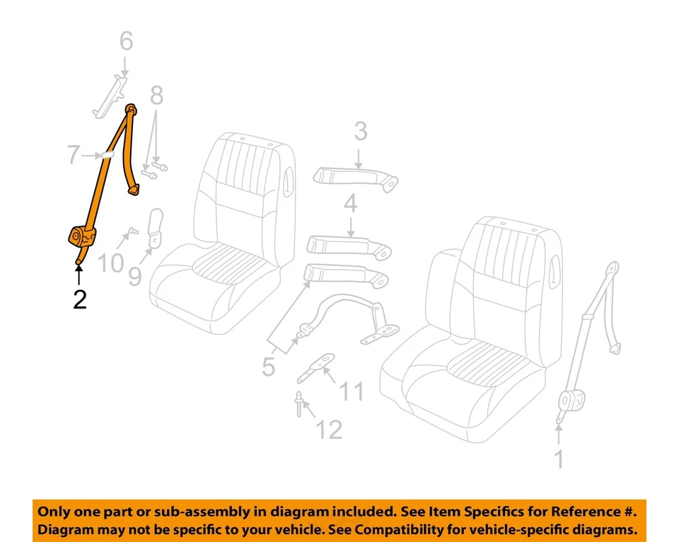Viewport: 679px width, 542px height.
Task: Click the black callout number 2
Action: point(79,299)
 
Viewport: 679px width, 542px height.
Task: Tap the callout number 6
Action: point(125,42)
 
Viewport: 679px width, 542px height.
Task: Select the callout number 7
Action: point(74,154)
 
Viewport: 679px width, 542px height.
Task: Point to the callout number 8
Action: point(156,94)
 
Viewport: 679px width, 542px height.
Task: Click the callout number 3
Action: point(361,132)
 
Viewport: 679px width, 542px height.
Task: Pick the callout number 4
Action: point(351,206)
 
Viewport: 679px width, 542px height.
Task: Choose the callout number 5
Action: point(268,367)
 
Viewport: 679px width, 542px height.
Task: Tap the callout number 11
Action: point(352,391)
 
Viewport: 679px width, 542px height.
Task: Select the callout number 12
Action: point(328,428)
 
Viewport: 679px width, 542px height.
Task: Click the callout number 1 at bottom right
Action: point(559,459)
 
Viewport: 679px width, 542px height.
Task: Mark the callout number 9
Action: point(134,275)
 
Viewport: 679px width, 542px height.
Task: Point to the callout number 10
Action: point(110,263)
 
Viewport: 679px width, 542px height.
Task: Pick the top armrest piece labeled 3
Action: point(354,177)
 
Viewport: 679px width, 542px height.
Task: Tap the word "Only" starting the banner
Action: point(54,511)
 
